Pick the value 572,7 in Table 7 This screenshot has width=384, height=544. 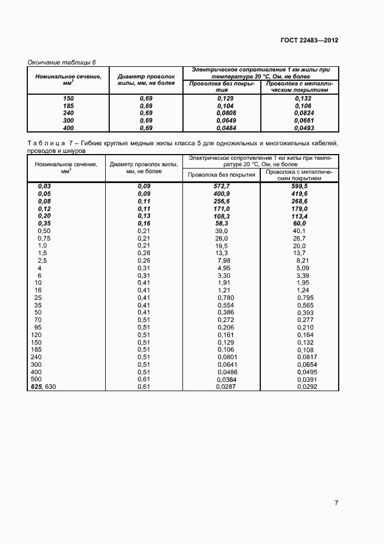[x=222, y=185]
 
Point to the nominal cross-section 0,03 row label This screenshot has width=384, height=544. [x=45, y=185]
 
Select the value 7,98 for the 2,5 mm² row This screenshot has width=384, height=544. [x=224, y=261]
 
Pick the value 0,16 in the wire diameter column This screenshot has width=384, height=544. [x=143, y=223]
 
